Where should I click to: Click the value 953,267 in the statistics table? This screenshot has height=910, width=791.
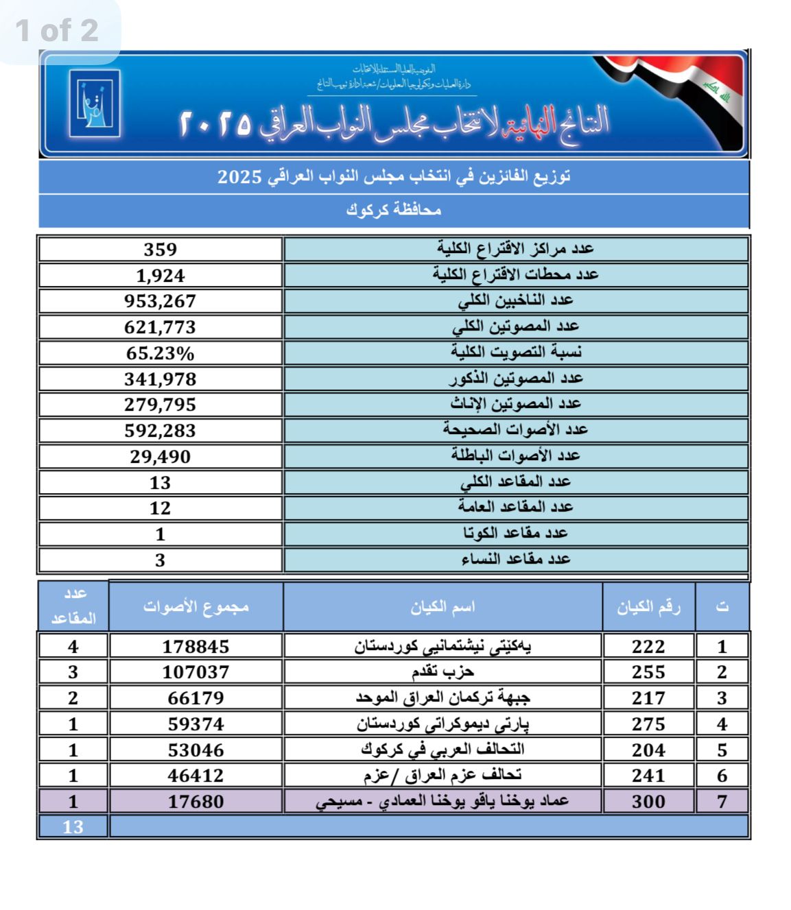click(x=160, y=301)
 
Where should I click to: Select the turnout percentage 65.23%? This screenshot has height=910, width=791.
click(x=160, y=353)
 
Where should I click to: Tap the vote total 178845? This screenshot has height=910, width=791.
click(x=196, y=646)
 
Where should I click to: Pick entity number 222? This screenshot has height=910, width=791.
click(x=648, y=646)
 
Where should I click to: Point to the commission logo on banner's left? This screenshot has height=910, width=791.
click(x=95, y=104)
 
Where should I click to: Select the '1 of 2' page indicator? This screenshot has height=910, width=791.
click(x=57, y=31)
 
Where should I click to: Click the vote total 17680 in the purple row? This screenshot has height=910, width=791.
click(x=196, y=801)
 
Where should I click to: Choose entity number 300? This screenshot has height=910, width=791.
click(x=648, y=801)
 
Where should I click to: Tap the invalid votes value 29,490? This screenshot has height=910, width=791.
click(x=160, y=457)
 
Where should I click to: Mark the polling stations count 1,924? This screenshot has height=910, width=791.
click(x=160, y=276)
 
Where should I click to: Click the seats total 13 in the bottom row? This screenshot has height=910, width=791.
click(x=73, y=826)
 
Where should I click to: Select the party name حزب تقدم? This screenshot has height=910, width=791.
click(x=442, y=671)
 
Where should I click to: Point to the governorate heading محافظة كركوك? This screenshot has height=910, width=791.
click(x=393, y=211)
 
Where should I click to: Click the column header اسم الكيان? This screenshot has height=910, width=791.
click(x=442, y=607)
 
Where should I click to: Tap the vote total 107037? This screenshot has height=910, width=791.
click(x=196, y=672)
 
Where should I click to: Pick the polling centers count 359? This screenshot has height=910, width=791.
click(x=160, y=250)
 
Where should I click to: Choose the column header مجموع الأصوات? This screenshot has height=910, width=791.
click(x=196, y=607)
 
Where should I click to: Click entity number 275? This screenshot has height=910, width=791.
click(x=648, y=724)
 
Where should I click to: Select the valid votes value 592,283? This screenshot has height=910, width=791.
click(x=160, y=431)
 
